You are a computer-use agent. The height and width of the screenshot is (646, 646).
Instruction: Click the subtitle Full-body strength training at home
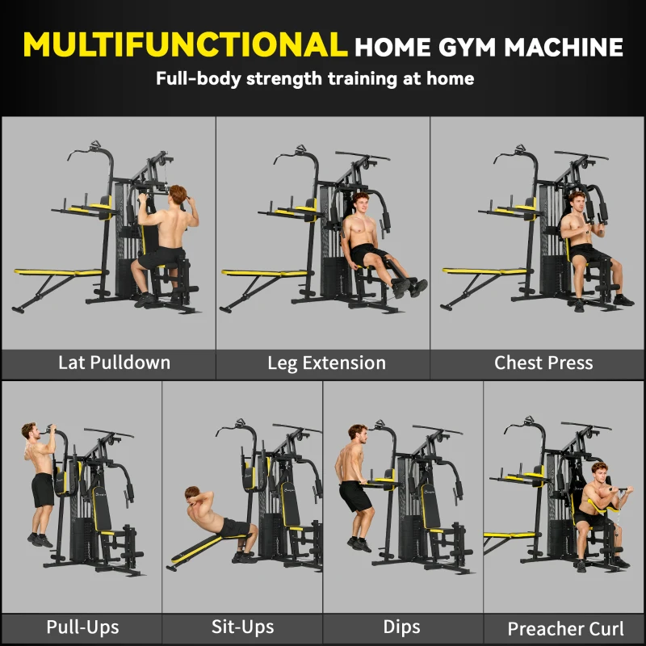tap(315, 79)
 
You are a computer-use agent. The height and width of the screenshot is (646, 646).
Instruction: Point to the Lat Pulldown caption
tap(114, 362)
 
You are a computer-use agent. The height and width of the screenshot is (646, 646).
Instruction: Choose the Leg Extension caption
tap(326, 363)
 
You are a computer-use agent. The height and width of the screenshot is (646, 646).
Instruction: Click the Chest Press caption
tap(543, 363)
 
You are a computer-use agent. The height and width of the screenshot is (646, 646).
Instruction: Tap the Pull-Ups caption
tap(82, 627)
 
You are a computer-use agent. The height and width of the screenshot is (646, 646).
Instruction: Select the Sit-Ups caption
tap(242, 627)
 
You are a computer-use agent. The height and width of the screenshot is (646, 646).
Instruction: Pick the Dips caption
tap(401, 627)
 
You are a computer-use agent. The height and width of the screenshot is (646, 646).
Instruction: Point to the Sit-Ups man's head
tap(192, 494)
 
